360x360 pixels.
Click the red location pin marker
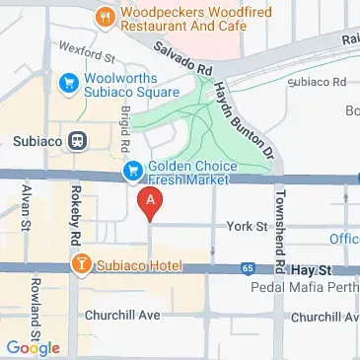150,204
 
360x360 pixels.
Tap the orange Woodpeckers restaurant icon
104,17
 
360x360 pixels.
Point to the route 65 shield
246,267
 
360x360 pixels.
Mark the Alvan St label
23,210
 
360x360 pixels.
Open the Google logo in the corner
33,347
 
